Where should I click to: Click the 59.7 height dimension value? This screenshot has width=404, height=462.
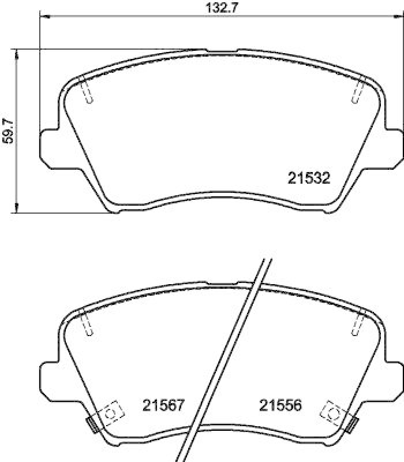(8, 132)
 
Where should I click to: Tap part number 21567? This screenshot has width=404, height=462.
(163, 406)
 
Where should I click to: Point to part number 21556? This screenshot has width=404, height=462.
(280, 406)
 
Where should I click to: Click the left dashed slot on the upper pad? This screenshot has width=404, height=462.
(87, 90)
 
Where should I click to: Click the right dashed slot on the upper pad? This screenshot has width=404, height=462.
(357, 90)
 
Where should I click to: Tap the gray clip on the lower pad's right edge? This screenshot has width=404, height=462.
(352, 425)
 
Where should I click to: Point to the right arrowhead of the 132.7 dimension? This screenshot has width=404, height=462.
(399, 18)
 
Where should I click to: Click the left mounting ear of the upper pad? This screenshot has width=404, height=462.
(48, 144)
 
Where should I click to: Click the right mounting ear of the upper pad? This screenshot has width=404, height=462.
(394, 144)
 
